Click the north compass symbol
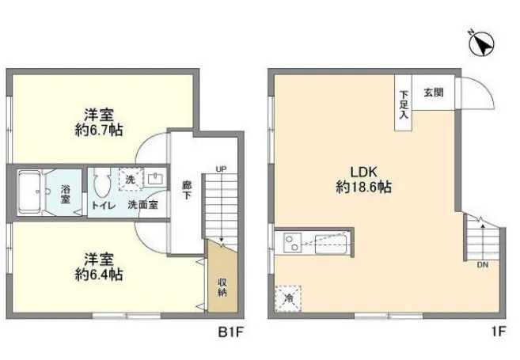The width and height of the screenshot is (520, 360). coord(481,44)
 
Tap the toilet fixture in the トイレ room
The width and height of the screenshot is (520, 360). coord(102,184)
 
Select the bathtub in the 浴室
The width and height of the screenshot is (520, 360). coord(29,191)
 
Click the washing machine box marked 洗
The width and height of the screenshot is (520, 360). coord(131,180)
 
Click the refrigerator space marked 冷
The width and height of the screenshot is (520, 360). coord(289,298)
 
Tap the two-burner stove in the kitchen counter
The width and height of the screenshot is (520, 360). coord(292,243)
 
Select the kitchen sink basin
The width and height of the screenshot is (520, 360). coord(331,244)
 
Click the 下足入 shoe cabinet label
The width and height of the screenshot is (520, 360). coord(404,104)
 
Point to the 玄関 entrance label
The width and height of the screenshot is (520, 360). coord(434,92)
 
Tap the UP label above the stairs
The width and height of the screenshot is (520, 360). coord(221,169)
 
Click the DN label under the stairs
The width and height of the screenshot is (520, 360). coord(483,265)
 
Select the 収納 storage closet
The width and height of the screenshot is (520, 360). coord(222,276)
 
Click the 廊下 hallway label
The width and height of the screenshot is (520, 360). coord(187,190)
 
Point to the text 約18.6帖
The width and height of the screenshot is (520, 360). coord(364,188)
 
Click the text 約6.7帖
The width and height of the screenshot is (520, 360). coord(99,130)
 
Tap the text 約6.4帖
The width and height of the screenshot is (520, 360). coord(99,275)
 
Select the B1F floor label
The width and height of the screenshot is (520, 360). coord(230,332)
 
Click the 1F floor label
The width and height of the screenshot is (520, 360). coord(499,332)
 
